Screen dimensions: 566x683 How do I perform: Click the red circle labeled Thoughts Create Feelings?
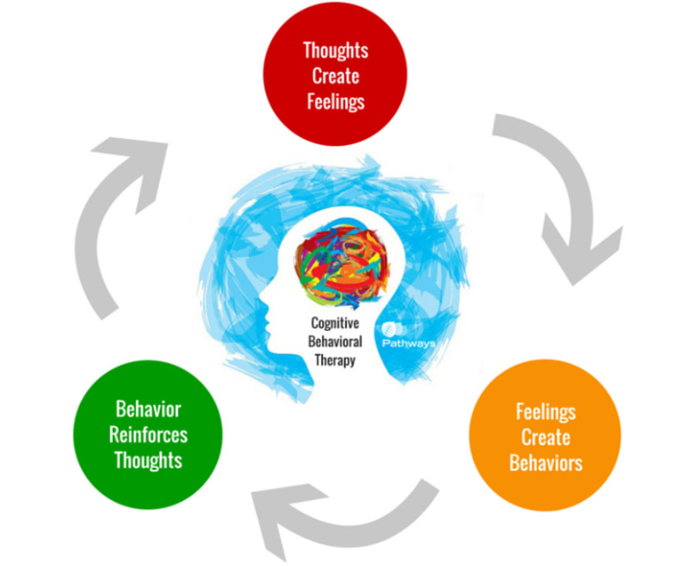(335, 76)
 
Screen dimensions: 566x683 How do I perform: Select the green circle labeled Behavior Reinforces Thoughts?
(148, 434)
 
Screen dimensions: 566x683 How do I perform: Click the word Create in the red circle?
(335, 76)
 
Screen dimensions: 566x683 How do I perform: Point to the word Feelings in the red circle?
(335, 101)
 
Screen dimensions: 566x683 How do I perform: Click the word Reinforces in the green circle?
(148, 435)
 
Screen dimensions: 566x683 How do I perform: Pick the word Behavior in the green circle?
(148, 410)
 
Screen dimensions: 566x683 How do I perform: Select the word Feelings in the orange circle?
(545, 412)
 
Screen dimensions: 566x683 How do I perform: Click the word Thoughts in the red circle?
(335, 51)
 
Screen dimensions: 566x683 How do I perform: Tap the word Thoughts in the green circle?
(148, 460)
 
